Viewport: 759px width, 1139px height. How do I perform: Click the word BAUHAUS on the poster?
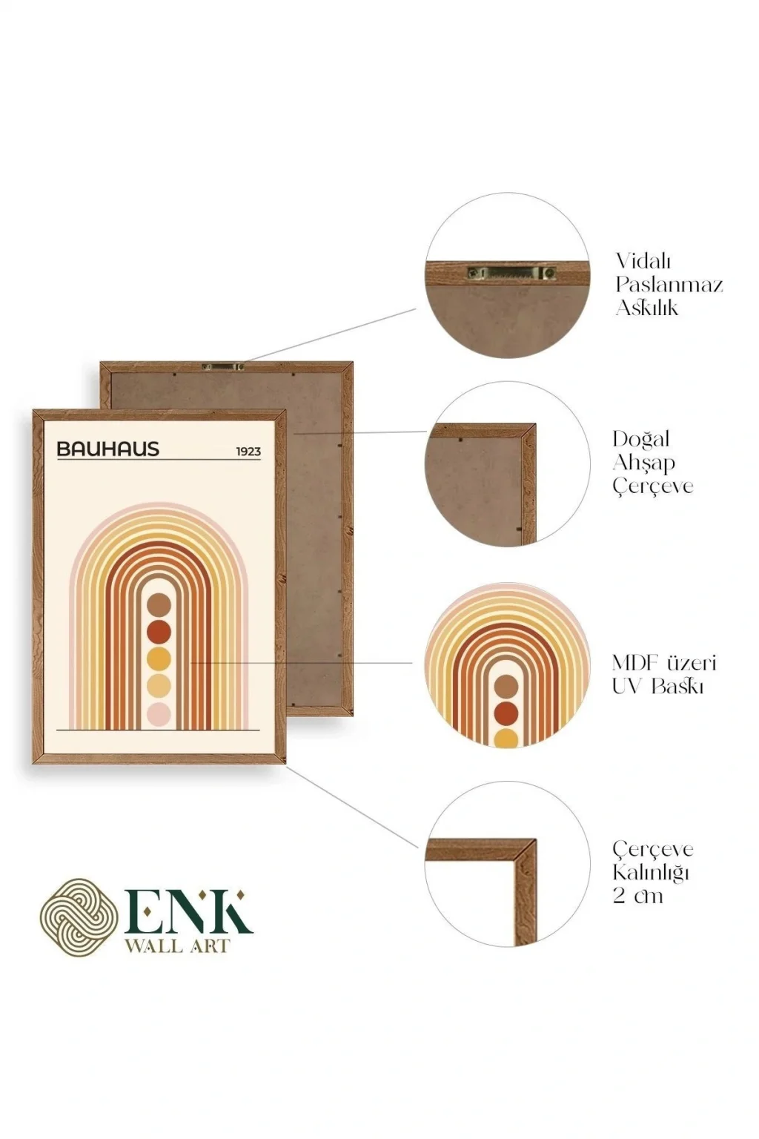point(107,449)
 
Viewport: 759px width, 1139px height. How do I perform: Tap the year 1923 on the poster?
point(248,451)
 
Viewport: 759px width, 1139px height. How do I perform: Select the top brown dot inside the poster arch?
point(159,605)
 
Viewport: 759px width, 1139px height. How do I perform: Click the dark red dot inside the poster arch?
point(159,632)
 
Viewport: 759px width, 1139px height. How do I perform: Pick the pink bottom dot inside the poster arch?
point(159,714)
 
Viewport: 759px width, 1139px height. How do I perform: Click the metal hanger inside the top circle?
point(511,273)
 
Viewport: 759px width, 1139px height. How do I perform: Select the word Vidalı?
point(643,261)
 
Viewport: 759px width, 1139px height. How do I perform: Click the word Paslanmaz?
point(669,285)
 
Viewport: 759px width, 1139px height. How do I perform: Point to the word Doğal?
point(640,439)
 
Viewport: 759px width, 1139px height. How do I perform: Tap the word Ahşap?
point(643,463)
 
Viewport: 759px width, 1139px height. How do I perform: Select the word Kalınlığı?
point(651,872)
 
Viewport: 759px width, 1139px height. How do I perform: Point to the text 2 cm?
point(637,896)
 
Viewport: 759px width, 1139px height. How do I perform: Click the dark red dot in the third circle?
point(506,713)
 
